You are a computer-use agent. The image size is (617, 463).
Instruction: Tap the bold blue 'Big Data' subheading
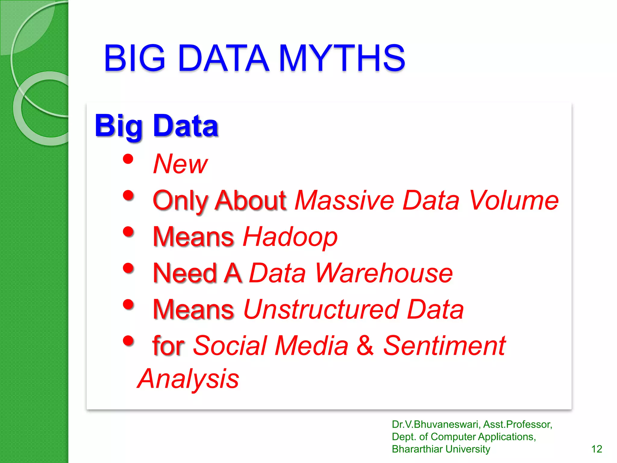click(156, 126)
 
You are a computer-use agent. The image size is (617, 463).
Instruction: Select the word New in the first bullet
click(180, 164)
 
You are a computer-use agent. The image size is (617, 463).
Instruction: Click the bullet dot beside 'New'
click(128, 159)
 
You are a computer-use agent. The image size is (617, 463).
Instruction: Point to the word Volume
click(514, 200)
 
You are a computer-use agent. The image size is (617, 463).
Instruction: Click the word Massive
click(344, 200)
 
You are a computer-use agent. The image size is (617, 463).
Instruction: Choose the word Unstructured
click(321, 310)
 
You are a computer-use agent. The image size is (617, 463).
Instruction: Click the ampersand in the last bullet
click(365, 345)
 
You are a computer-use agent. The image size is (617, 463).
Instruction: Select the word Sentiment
click(444, 345)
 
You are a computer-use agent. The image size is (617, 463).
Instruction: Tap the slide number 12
click(597, 449)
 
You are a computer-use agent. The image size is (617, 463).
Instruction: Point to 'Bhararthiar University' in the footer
click(441, 449)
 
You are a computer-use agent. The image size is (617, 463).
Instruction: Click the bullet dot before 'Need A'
click(128, 268)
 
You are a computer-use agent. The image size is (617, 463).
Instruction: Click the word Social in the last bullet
click(230, 345)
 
